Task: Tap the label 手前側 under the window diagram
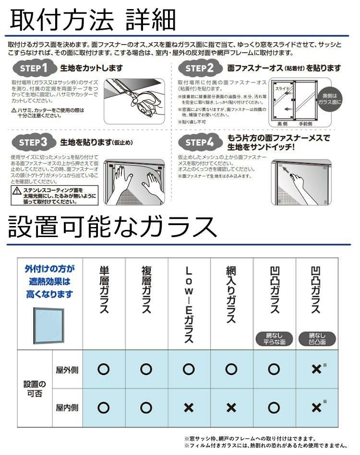click(x=306, y=124)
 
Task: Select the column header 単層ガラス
click(x=104, y=289)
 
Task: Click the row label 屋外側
click(x=67, y=369)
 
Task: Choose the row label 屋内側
click(x=67, y=408)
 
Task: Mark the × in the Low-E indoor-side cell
click(x=189, y=408)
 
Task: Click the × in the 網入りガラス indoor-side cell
click(x=231, y=408)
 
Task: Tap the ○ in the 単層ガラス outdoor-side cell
click(x=104, y=369)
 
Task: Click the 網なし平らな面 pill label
click(x=274, y=339)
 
